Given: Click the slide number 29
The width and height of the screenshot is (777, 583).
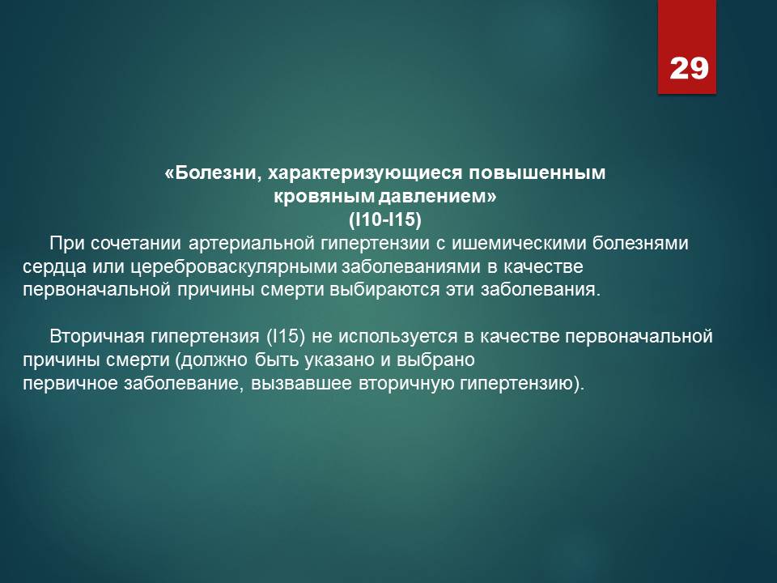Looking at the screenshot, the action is pyautogui.click(x=689, y=68).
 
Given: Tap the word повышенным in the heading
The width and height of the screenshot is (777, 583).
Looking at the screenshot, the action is pyautogui.click(x=537, y=173).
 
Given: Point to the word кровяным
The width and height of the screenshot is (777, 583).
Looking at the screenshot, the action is pyautogui.click(x=324, y=197).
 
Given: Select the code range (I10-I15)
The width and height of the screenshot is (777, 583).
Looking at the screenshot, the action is pyautogui.click(x=385, y=219).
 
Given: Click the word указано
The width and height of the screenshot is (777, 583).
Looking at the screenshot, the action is pyautogui.click(x=340, y=360).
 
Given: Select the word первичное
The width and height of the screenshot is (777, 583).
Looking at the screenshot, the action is pyautogui.click(x=70, y=383).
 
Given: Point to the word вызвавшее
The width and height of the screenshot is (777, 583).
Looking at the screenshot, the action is pyautogui.click(x=301, y=383).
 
